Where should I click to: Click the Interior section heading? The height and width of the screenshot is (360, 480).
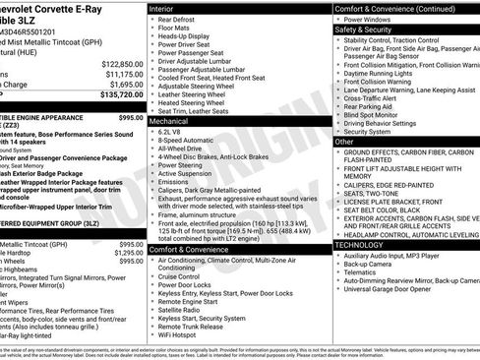(x=162, y=8)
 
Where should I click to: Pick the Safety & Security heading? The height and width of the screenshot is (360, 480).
(x=363, y=30)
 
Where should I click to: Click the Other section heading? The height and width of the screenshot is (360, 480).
(x=344, y=142)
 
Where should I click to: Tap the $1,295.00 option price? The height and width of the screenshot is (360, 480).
(x=128, y=253)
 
